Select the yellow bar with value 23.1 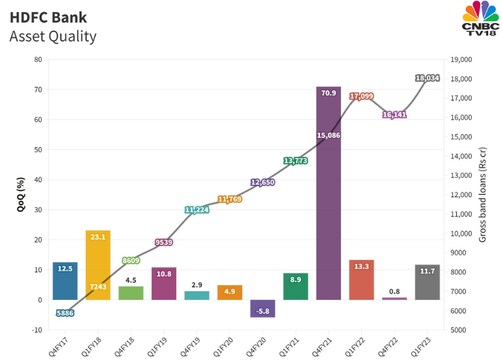[97, 265]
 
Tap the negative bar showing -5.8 [263, 309]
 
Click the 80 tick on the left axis [37, 59]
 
